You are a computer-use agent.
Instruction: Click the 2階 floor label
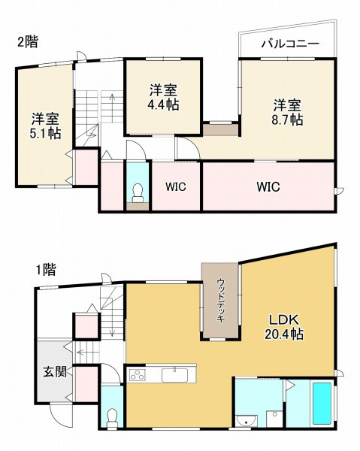coord(27,42)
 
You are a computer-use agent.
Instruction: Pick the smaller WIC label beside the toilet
coord(177,186)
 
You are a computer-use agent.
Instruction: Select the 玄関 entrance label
coord(53,371)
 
